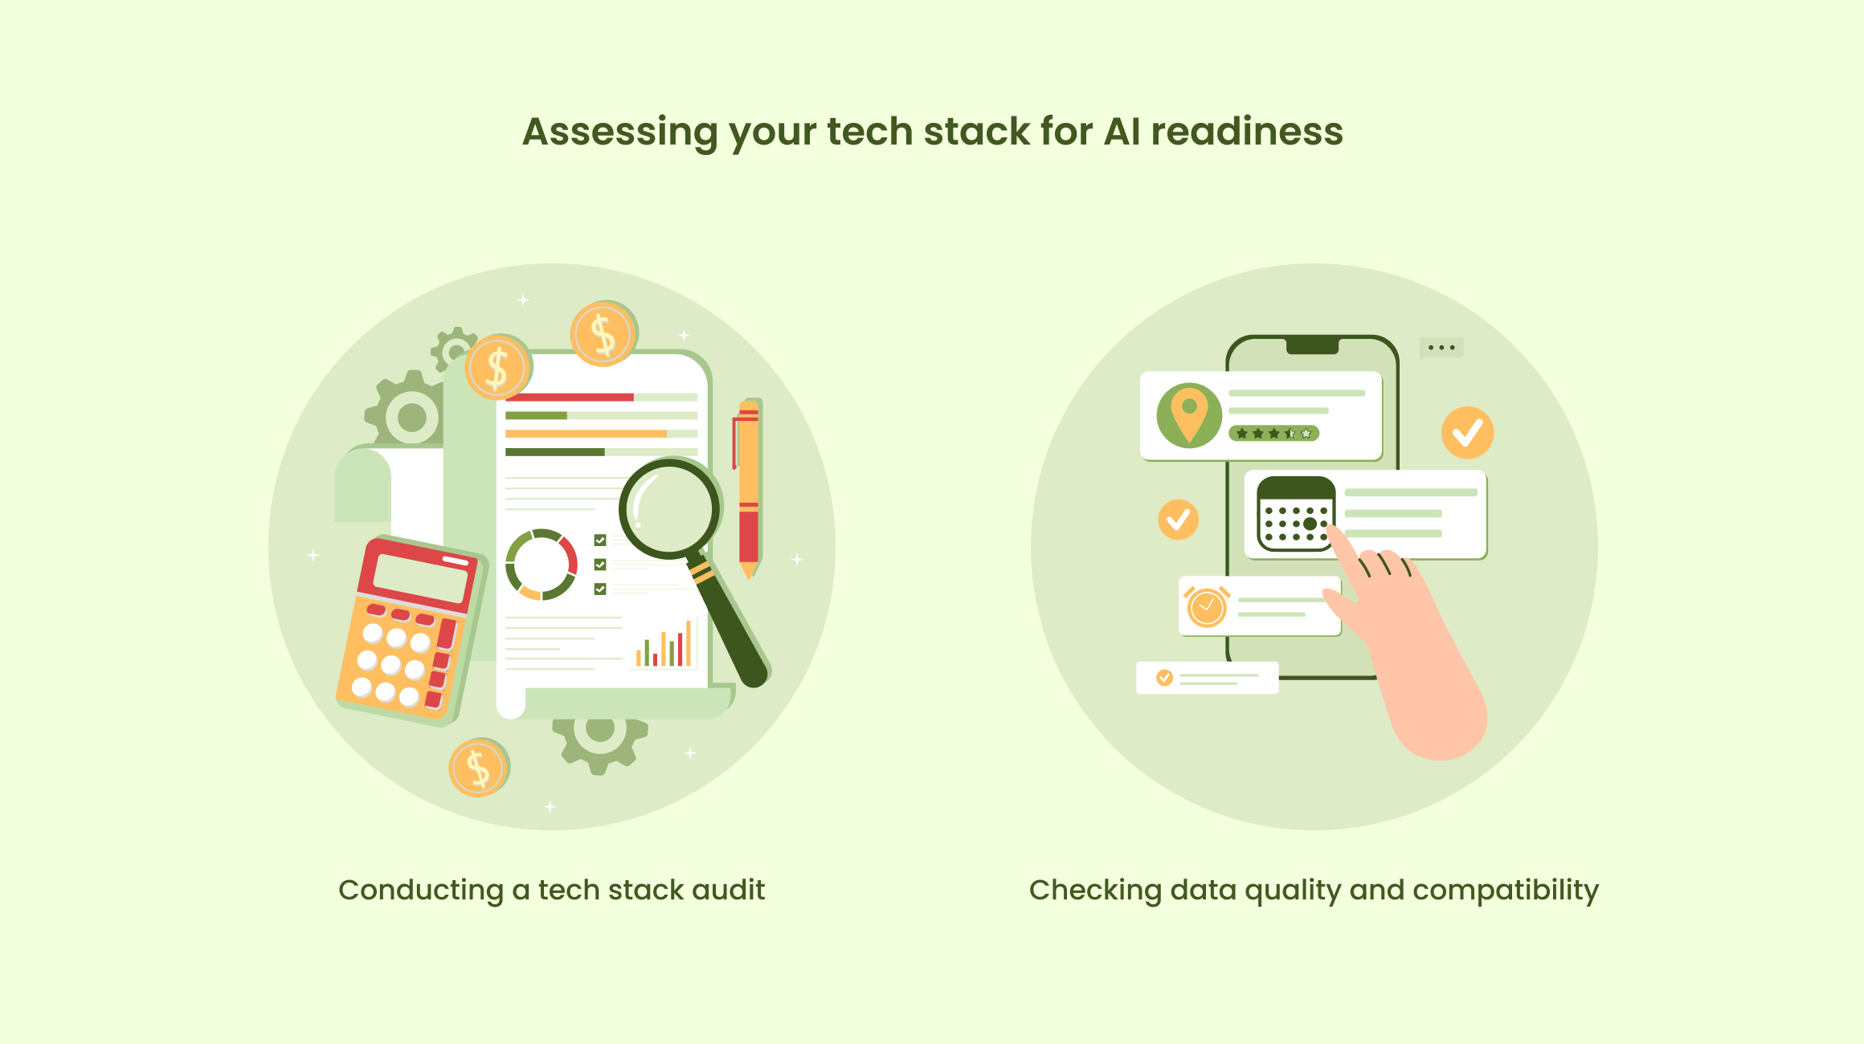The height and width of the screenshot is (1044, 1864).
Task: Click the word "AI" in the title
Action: point(1122,131)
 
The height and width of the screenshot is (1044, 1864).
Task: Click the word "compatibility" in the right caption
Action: point(1505,891)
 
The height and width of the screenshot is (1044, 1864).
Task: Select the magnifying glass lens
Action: point(668,508)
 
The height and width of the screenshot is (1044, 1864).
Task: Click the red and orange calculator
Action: point(410,630)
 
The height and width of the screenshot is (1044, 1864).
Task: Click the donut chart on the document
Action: point(542,565)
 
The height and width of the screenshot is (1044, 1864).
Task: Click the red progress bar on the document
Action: point(569,397)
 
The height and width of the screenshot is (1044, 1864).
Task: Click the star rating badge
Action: point(1273,434)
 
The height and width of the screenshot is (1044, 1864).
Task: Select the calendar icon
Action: point(1295,514)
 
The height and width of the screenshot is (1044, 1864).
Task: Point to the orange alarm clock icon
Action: point(1206,606)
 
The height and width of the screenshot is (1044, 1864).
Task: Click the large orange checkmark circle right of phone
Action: point(1467,433)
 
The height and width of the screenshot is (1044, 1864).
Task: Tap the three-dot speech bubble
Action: point(1441,348)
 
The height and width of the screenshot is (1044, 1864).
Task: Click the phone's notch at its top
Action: point(1312,346)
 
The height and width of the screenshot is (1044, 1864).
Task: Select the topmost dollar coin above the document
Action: point(603,333)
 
